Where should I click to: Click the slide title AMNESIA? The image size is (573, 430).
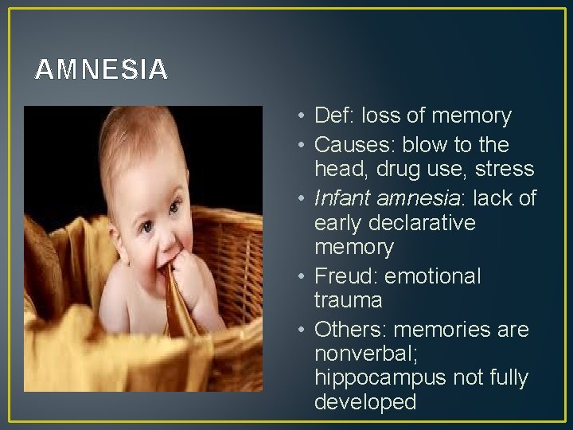point(101,70)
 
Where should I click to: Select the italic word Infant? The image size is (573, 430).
point(341,198)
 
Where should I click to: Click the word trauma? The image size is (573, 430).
point(349,301)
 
